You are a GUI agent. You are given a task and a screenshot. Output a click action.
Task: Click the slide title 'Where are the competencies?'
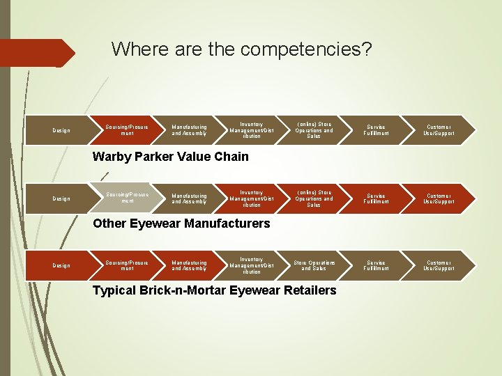click(x=241, y=49)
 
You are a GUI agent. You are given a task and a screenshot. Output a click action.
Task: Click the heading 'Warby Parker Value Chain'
click(x=171, y=157)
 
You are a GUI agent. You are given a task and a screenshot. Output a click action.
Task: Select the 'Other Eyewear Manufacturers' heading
click(x=181, y=224)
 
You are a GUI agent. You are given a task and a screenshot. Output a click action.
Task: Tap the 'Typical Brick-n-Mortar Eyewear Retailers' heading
click(x=215, y=290)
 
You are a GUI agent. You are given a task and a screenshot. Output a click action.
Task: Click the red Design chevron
click(x=61, y=265)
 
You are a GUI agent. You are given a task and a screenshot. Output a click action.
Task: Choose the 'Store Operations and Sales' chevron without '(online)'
click(x=314, y=265)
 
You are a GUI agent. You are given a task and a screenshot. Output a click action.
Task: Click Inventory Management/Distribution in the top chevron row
click(x=251, y=130)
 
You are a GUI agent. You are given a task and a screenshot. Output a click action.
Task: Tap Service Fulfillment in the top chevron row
click(x=376, y=130)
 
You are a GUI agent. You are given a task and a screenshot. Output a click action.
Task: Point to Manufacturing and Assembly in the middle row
click(x=189, y=199)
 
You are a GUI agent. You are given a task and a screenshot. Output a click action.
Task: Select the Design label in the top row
click(x=61, y=131)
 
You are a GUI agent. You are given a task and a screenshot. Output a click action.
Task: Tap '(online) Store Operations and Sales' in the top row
click(x=314, y=130)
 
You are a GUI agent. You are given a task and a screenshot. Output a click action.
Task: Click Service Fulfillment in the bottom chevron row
click(x=376, y=265)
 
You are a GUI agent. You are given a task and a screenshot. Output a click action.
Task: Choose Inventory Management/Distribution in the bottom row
click(x=251, y=265)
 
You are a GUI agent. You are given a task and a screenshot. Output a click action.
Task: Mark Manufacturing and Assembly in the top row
click(x=189, y=130)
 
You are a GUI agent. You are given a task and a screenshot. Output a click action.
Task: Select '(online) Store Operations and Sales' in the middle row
click(x=314, y=199)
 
